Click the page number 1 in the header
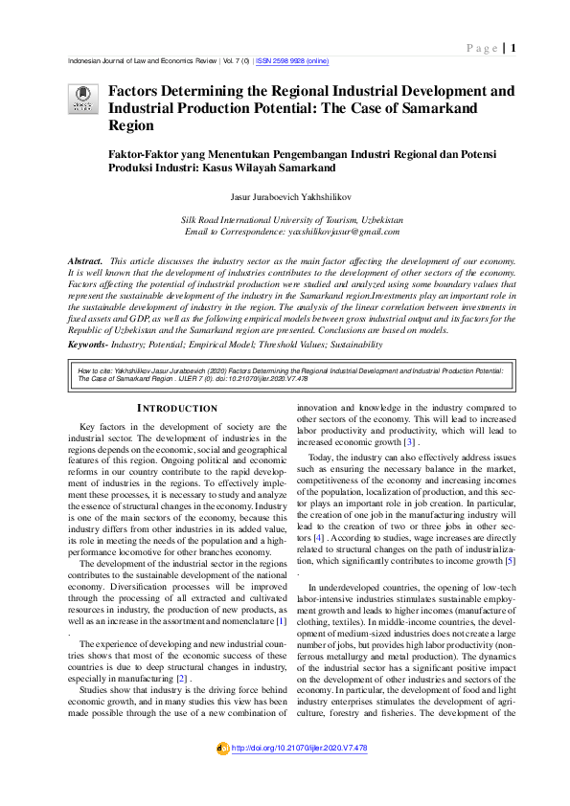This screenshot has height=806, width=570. [514, 48]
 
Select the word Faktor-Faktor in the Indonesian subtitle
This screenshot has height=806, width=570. [140, 151]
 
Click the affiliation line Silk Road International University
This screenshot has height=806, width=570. [292, 220]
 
